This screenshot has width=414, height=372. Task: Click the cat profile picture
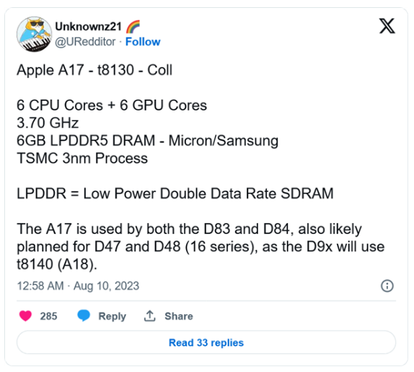34,34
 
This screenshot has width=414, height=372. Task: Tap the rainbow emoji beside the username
133,27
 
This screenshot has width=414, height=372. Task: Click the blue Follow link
143,42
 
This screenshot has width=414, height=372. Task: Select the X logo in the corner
387,26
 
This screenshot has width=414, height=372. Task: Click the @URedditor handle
85,42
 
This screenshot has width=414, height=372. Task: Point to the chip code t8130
115,70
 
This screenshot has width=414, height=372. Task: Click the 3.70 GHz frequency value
48,123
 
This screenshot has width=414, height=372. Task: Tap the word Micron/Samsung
224,141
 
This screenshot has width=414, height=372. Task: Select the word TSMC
38,158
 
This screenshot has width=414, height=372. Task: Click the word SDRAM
307,194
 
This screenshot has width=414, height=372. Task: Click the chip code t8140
35,264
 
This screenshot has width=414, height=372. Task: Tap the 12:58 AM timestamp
40,286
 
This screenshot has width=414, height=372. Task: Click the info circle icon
387,286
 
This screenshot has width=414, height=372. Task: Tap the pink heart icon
25,316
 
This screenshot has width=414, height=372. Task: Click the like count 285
48,316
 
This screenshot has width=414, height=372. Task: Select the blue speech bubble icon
84,316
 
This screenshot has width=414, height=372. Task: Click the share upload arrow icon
150,316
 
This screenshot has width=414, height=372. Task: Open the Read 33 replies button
206,342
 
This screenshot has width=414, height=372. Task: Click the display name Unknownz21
89,27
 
